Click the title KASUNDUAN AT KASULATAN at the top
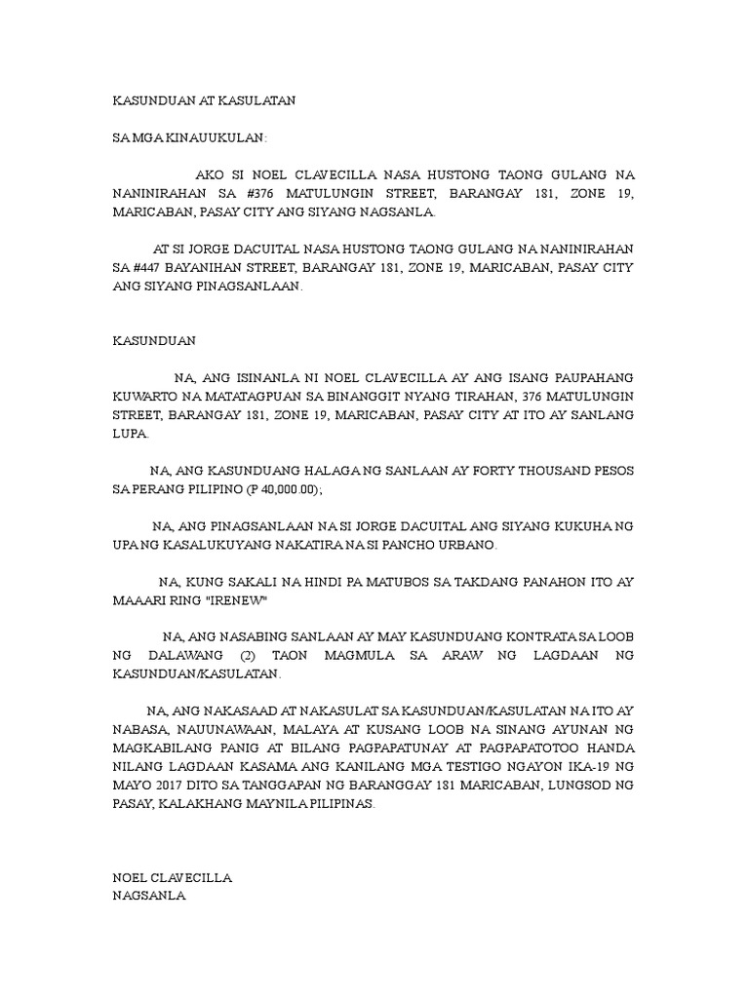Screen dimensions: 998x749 (x=204, y=100)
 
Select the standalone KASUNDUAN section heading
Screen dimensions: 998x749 (x=155, y=341)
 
